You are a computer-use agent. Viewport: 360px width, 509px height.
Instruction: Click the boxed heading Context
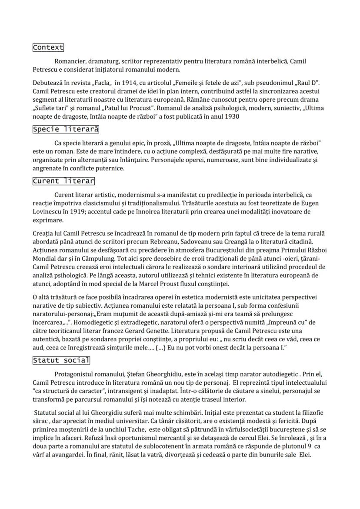tap(48, 47)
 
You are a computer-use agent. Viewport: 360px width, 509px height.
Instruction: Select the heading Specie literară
tap(66, 130)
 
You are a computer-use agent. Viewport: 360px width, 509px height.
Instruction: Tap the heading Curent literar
tap(63, 181)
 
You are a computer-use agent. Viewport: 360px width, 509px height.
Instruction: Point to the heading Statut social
tap(61, 360)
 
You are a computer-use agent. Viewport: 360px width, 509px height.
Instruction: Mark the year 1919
tap(83, 212)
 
